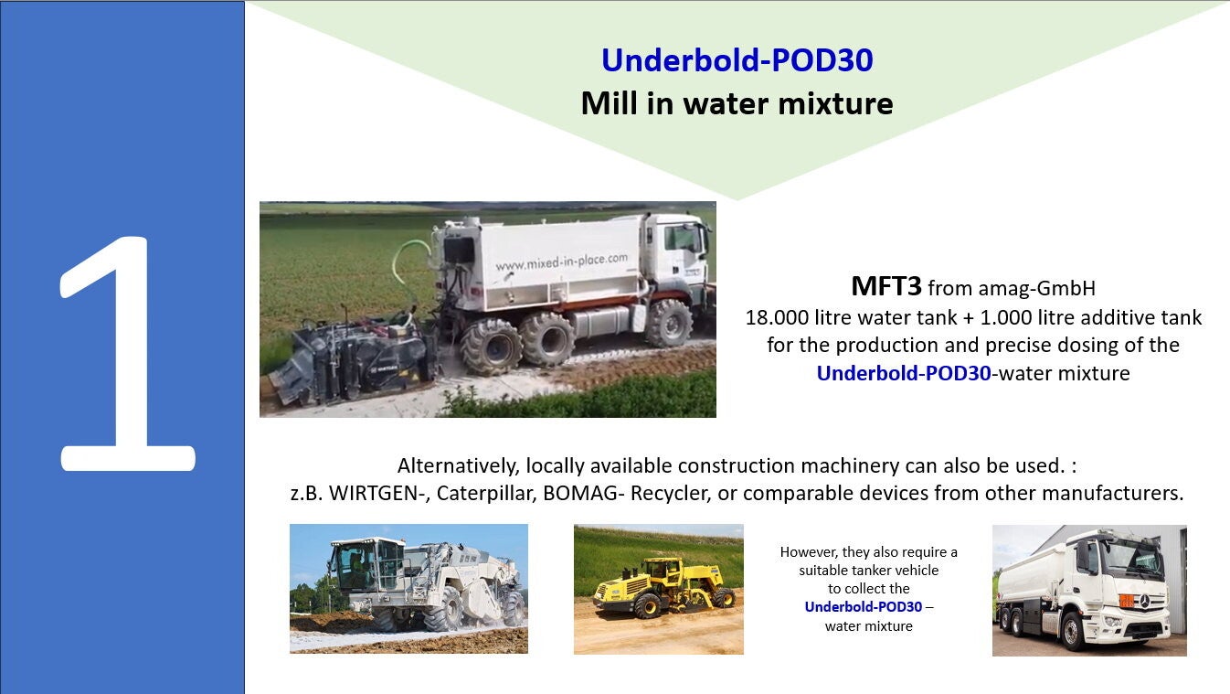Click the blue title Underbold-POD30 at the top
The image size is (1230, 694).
(x=737, y=60)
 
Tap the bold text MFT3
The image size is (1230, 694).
(x=885, y=286)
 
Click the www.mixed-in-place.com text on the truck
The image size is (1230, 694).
(x=561, y=262)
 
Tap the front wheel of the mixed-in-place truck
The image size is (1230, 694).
(x=668, y=323)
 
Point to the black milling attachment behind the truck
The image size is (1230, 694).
(x=352, y=360)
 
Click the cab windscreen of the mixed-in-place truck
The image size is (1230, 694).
(x=684, y=239)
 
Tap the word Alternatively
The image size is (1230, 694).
(x=458, y=466)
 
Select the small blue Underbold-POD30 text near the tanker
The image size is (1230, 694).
(x=864, y=607)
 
